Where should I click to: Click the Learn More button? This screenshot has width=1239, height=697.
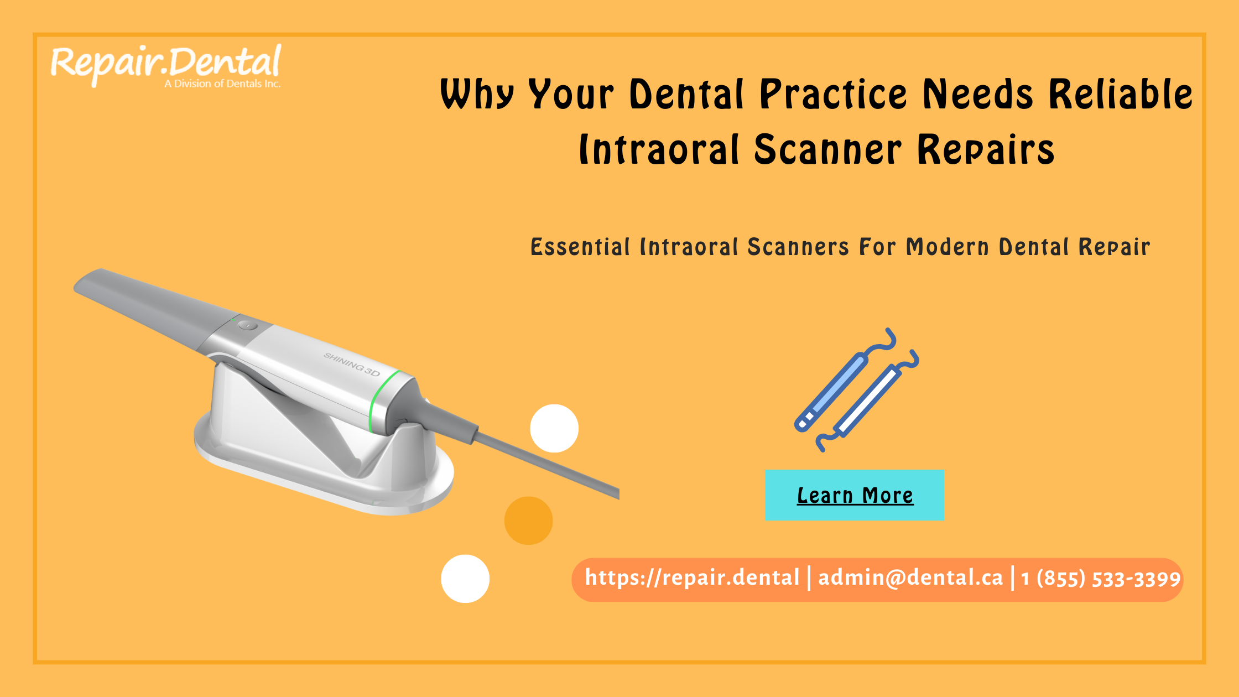(855, 495)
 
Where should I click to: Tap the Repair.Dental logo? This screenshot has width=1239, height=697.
(166, 64)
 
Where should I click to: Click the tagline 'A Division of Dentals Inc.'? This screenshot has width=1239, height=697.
(222, 84)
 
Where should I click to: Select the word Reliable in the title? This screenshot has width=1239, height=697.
(1121, 94)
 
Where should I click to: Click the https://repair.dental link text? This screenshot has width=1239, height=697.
(692, 578)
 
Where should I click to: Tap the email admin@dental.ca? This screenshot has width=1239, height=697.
(910, 578)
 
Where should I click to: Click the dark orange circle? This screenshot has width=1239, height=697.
(528, 521)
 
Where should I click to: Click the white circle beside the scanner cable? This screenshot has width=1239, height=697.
(554, 429)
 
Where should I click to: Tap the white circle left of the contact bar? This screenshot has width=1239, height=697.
(465, 579)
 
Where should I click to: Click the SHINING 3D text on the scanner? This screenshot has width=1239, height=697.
(352, 365)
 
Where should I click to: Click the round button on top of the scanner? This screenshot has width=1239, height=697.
(247, 325)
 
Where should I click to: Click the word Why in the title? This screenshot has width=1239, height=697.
(477, 94)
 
